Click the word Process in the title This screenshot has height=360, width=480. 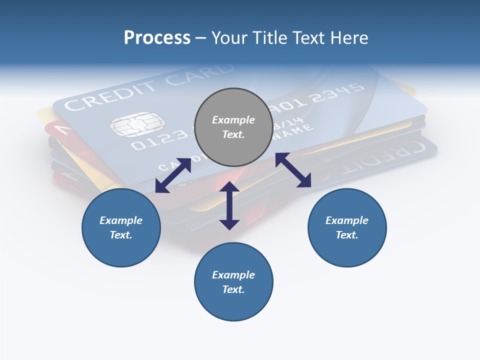157,37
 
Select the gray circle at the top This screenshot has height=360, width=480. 233,127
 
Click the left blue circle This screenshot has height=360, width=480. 121,227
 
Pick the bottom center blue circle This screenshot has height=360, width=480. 233,282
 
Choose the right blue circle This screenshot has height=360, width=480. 347,227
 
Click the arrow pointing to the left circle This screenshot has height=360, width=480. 173,175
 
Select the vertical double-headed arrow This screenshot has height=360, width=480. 229,205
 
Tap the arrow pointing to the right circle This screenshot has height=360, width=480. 293,170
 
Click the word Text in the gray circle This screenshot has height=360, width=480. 233,134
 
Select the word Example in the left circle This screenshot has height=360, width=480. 121,220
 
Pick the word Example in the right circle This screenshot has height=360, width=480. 347,220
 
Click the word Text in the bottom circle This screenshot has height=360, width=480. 233,289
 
